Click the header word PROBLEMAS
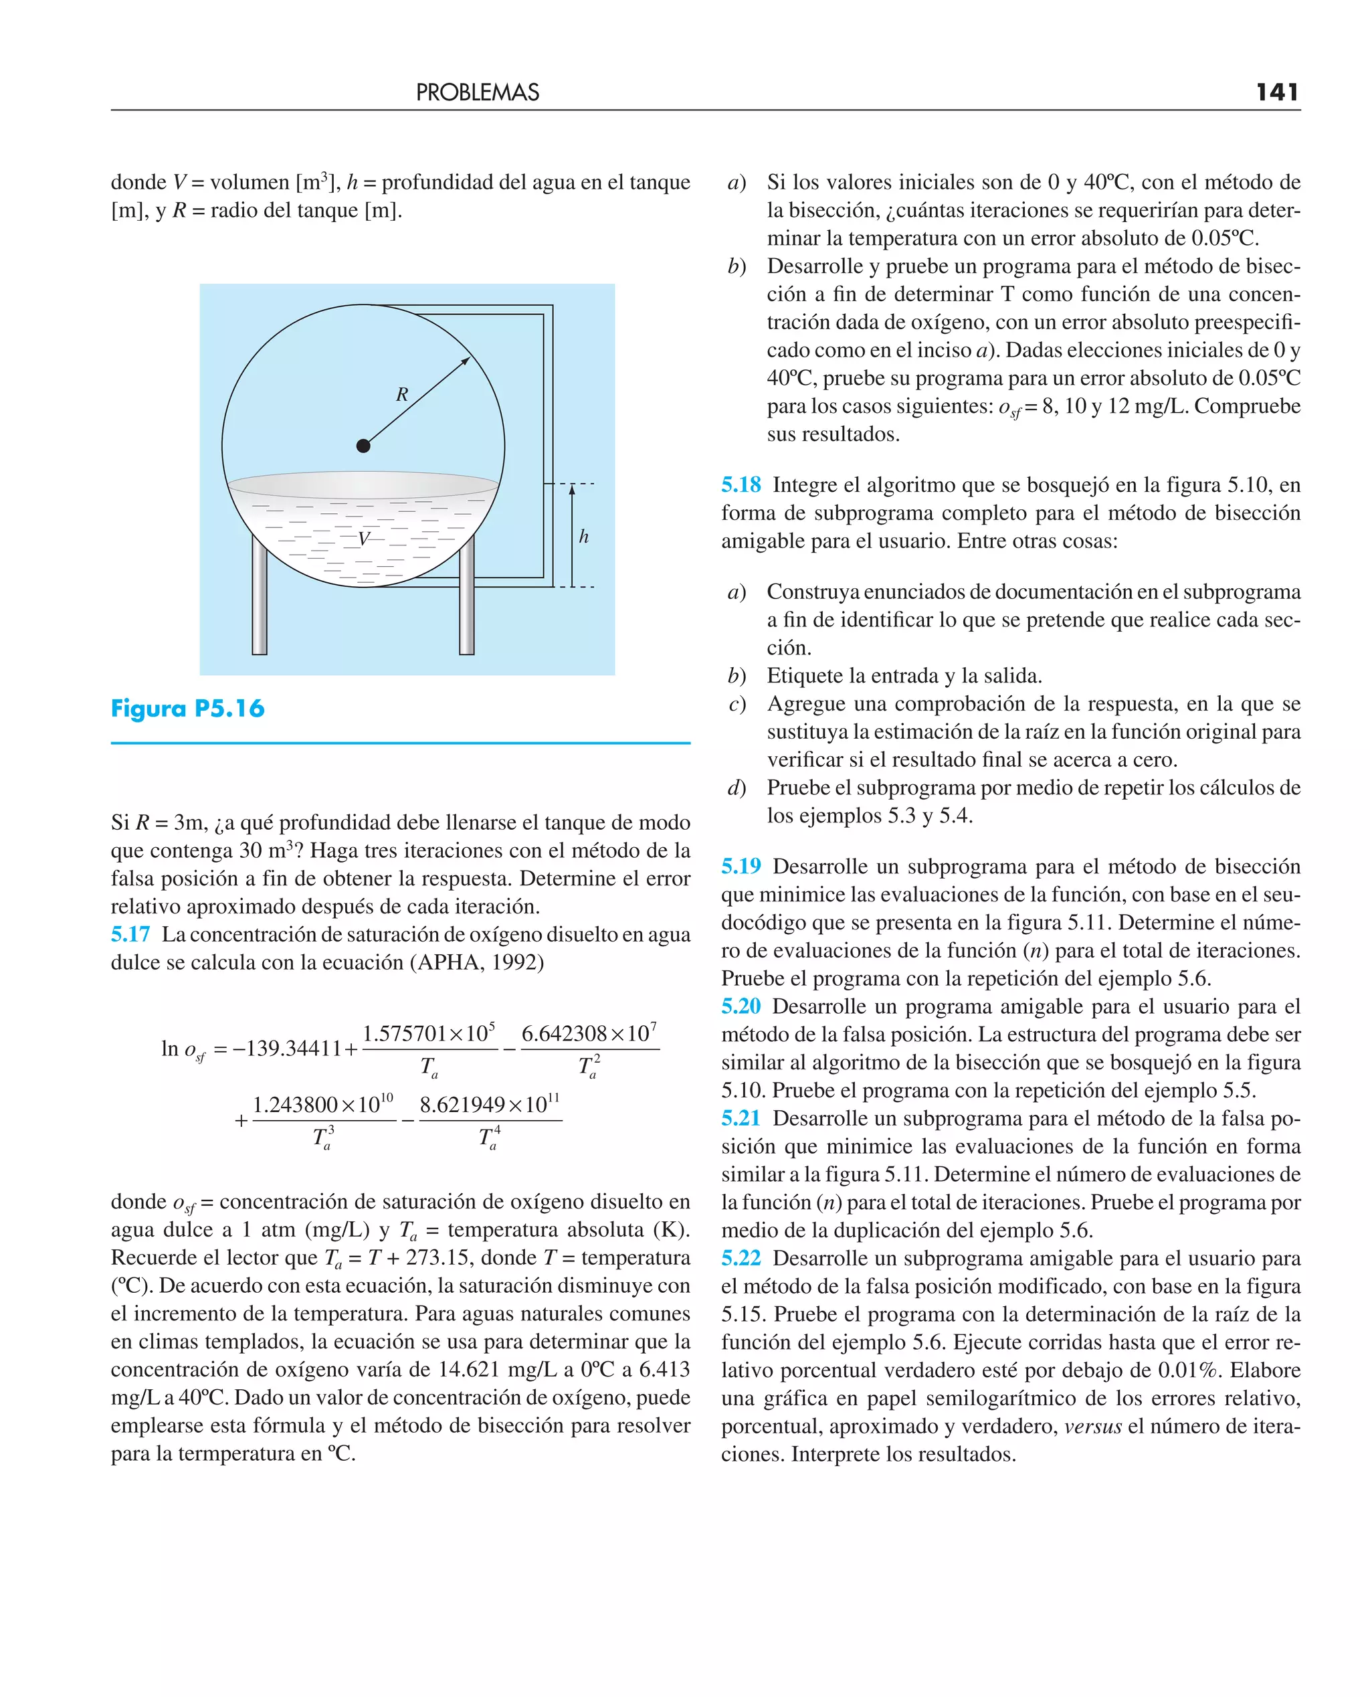click(478, 93)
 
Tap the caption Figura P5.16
click(188, 708)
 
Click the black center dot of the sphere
click(363, 446)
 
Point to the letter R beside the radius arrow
click(401, 394)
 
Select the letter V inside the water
click(363, 539)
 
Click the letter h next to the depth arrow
click(583, 537)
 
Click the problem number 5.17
click(130, 935)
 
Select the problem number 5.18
click(741, 484)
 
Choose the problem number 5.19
click(741, 867)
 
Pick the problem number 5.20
click(741, 1006)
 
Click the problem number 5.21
click(741, 1118)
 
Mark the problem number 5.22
click(741, 1258)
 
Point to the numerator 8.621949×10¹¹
click(489, 1104)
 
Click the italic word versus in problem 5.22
click(1092, 1426)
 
